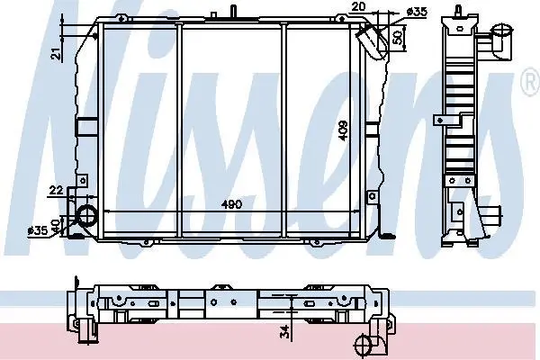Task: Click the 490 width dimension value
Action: click(x=231, y=204)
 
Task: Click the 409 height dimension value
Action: click(x=344, y=130)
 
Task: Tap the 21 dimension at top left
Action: click(x=56, y=53)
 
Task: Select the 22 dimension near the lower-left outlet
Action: click(x=56, y=190)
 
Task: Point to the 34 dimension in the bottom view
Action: click(x=284, y=332)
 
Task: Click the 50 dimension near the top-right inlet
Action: click(x=397, y=37)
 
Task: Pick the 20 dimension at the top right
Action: click(x=358, y=6)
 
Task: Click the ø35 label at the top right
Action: click(x=417, y=12)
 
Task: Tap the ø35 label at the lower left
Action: click(x=38, y=230)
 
